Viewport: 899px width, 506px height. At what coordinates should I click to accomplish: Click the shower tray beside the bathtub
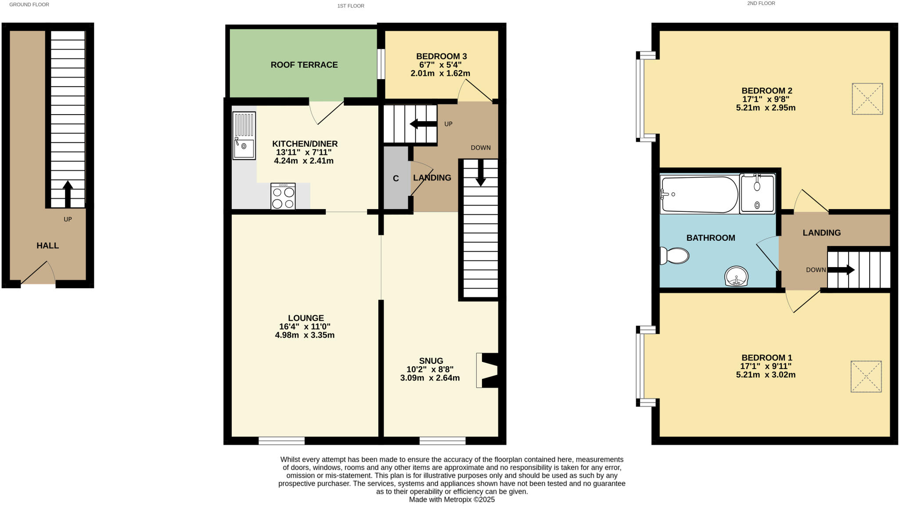pos(757,194)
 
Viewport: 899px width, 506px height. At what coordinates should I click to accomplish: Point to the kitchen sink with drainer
pos(244,135)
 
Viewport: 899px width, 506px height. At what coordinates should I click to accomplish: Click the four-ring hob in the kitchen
pos(283,196)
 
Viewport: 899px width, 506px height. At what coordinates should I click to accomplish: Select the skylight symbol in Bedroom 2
pos(867,99)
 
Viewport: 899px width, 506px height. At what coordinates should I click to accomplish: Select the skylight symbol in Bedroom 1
pos(866,376)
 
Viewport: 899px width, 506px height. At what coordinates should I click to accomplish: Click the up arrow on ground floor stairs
pos(68,193)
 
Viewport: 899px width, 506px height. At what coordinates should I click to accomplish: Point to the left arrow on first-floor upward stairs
pos(423,124)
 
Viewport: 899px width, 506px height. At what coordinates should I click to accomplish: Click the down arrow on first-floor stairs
pos(481,173)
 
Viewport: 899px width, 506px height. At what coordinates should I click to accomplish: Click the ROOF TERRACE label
pos(304,65)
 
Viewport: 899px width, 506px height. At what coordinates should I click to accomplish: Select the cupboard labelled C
pos(396,178)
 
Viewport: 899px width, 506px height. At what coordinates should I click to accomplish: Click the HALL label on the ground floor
pos(47,246)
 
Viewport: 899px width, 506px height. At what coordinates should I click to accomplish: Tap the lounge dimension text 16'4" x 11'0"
pos(305,326)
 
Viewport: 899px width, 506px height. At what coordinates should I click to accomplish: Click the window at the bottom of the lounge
pos(281,441)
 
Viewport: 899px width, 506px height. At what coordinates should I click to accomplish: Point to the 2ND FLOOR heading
pos(761,4)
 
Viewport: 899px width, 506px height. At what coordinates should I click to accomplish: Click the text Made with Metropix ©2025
pos(452,499)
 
